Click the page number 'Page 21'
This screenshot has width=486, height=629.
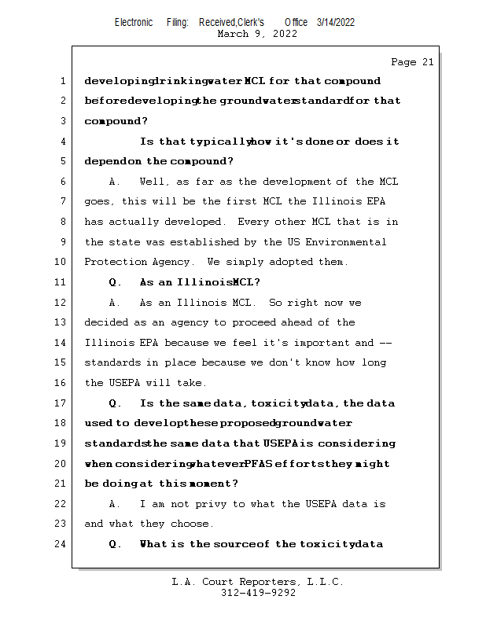click(x=412, y=62)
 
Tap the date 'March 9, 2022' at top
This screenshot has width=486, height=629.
click(x=257, y=34)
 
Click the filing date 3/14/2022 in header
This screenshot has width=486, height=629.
click(x=336, y=23)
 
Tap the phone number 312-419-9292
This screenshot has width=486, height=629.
click(x=258, y=593)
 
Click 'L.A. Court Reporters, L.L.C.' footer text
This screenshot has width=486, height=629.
click(x=257, y=582)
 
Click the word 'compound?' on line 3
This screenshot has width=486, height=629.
click(x=116, y=121)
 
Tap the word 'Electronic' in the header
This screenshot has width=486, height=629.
click(x=134, y=23)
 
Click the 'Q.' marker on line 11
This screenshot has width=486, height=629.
click(x=116, y=282)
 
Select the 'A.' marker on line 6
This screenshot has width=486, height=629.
click(x=115, y=182)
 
